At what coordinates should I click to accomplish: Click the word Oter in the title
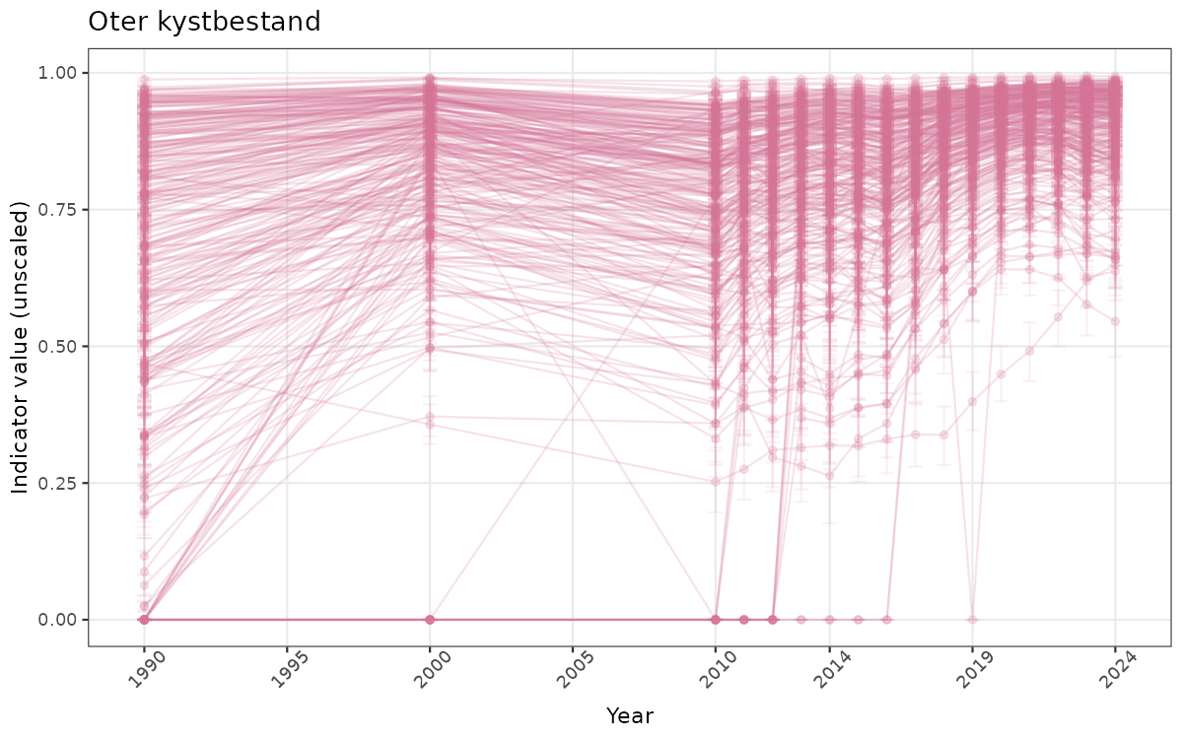(116, 22)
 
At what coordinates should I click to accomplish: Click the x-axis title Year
(629, 715)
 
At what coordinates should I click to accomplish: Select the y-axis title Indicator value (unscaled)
(21, 346)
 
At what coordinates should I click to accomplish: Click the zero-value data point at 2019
(973, 620)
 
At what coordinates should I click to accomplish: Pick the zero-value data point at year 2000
(430, 620)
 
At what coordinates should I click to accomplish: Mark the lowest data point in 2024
(1116, 321)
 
